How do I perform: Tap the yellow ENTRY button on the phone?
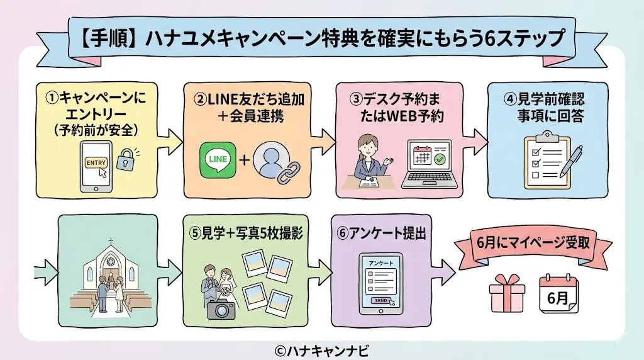[x=96, y=162]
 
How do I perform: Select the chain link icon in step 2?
[x=289, y=169]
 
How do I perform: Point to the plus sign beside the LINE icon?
[x=245, y=160]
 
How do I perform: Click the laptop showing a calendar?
[x=430, y=164]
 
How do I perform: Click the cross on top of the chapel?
[x=110, y=242]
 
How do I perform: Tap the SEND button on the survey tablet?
[x=380, y=301]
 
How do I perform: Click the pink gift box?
[x=507, y=292]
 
